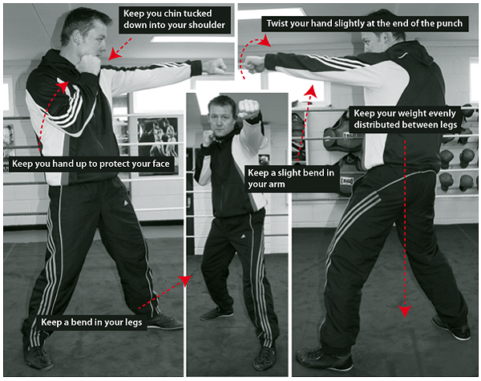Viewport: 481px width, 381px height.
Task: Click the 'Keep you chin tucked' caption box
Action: [x=175, y=19]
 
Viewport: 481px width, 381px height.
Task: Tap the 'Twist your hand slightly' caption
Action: [x=365, y=23]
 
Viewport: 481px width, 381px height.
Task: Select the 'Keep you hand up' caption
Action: [x=91, y=164]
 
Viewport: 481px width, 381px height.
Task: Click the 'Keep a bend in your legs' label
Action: [x=91, y=322]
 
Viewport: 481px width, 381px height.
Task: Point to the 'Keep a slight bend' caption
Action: [x=292, y=178]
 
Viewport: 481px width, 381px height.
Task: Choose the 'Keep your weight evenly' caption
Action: [x=405, y=120]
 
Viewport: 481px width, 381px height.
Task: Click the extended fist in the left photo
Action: [x=215, y=67]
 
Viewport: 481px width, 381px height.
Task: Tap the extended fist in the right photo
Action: [x=253, y=64]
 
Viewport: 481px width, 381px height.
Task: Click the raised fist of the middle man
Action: [x=249, y=109]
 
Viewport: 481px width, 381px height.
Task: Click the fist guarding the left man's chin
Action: [x=88, y=64]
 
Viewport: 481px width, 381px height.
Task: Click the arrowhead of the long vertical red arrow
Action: [x=405, y=310]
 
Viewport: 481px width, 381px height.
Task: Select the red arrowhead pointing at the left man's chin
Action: [x=115, y=54]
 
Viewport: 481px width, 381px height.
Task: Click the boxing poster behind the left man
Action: [x=158, y=144]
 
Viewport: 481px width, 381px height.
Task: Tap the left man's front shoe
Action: [x=166, y=322]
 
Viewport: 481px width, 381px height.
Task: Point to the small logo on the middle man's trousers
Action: [x=243, y=237]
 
